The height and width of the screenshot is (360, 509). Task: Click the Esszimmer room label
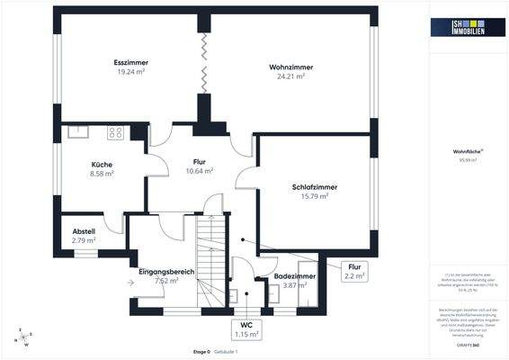click(131, 62)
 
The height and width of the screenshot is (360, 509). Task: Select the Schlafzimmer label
click(314, 187)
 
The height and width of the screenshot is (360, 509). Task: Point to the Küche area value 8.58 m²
click(102, 174)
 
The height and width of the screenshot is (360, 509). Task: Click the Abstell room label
click(84, 231)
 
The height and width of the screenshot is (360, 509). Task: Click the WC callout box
click(246, 329)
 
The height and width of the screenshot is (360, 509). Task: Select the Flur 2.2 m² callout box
click(355, 271)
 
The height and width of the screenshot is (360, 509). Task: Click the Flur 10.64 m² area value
click(200, 170)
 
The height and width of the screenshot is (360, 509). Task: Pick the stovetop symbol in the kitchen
click(116, 132)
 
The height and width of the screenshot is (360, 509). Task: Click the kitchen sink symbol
click(77, 131)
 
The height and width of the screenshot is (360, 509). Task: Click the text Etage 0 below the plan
click(202, 350)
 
